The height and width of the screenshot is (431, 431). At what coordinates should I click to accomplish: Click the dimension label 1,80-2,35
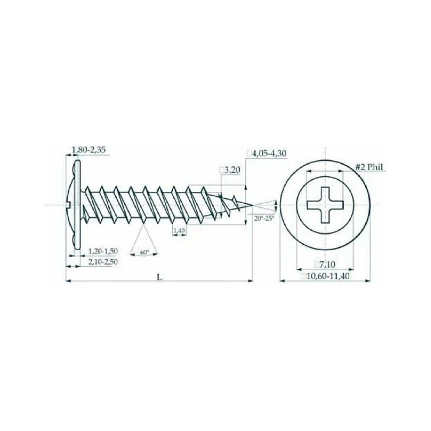[x=88, y=150]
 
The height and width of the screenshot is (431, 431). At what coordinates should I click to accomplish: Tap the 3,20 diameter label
[x=232, y=170]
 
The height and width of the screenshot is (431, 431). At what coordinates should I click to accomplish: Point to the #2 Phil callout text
[x=369, y=167]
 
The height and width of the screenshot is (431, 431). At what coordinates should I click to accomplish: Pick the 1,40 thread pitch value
[x=179, y=230]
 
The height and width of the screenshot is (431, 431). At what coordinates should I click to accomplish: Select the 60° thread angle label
[x=144, y=252]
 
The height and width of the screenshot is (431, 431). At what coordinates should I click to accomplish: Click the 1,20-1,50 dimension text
[x=103, y=251]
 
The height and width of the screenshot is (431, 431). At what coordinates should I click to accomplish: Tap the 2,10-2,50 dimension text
[x=103, y=262]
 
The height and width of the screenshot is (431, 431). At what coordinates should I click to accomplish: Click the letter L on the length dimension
[x=159, y=277]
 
